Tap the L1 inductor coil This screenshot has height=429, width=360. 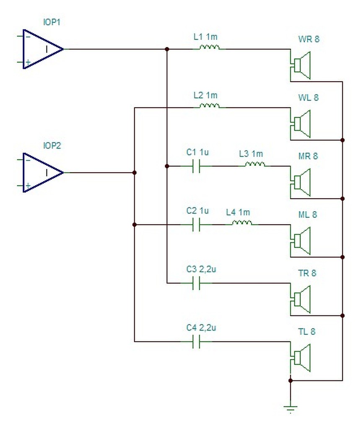pyautogui.click(x=210, y=48)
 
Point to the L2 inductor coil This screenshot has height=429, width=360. pyautogui.click(x=210, y=106)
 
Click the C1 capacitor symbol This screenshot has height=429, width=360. pyautogui.click(x=196, y=166)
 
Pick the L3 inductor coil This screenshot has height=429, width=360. pyautogui.click(x=255, y=164)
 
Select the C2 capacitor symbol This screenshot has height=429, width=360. pyautogui.click(x=196, y=225)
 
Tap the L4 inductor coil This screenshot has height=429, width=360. pyautogui.click(x=242, y=223)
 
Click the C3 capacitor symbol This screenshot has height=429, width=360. pyautogui.click(x=196, y=283)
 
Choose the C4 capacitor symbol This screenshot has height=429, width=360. pyautogui.click(x=196, y=342)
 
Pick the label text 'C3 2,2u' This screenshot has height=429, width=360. pyautogui.click(x=201, y=269)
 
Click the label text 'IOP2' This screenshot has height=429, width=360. pyautogui.click(x=52, y=145)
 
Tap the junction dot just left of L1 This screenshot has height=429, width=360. pyautogui.click(x=167, y=49)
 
